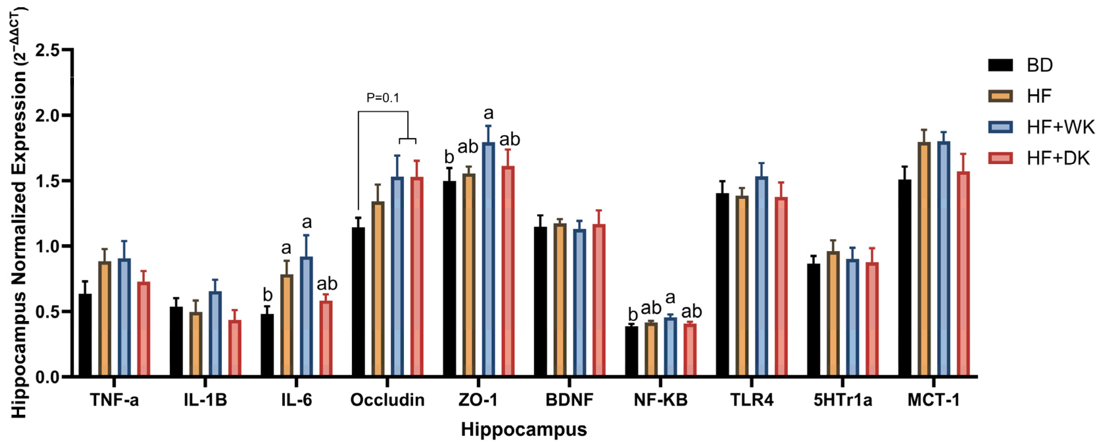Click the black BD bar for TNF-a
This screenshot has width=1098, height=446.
[85, 335]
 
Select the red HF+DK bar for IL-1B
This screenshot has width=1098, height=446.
[234, 348]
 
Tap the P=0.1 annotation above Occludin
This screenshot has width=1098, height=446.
[383, 98]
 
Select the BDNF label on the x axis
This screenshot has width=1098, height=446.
[570, 400]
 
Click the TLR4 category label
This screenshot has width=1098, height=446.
[752, 400]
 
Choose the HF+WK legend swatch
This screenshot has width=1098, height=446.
[1000, 127]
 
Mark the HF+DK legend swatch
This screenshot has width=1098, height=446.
[1000, 158]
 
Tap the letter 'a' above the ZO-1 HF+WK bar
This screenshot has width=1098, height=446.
[488, 113]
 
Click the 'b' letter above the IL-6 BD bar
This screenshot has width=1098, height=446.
[267, 295]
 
